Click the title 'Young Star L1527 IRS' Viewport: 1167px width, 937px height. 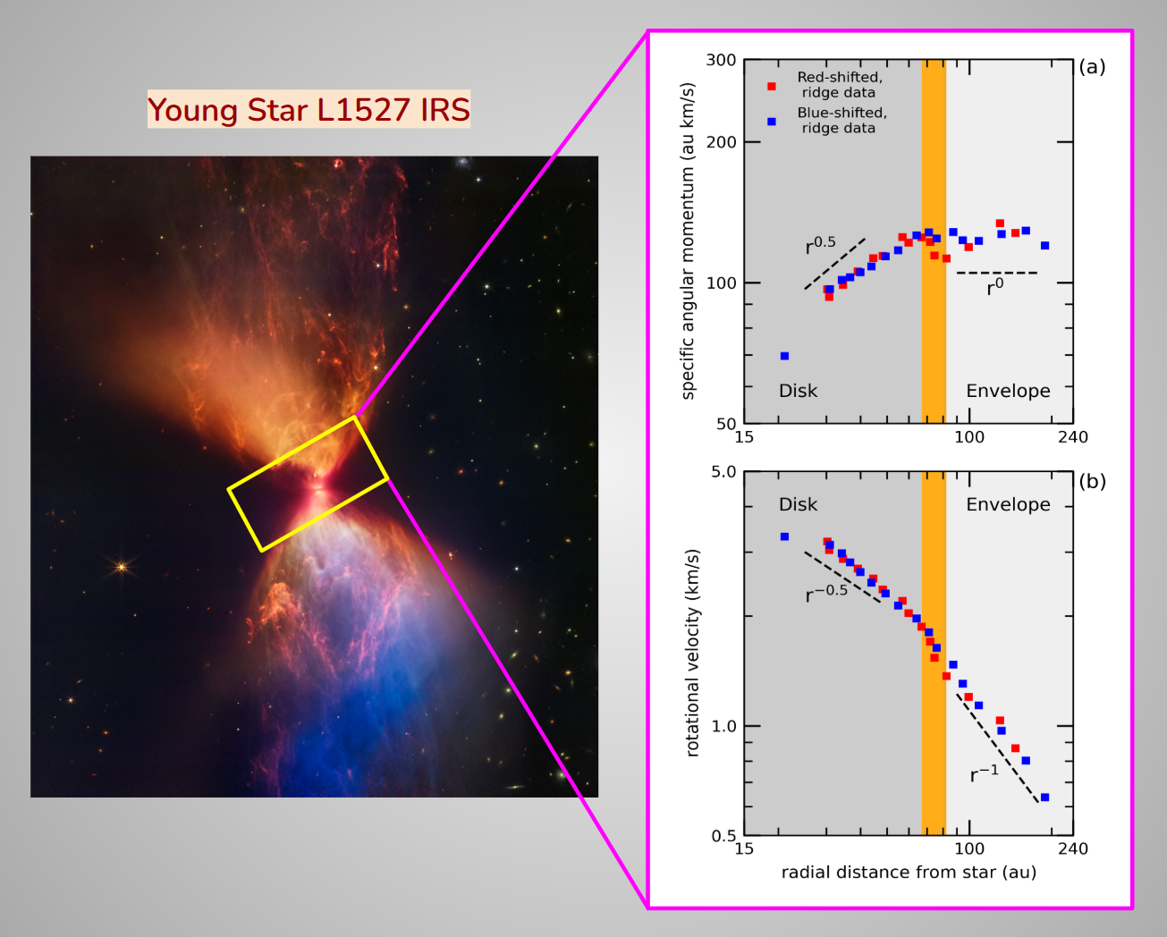tap(309, 110)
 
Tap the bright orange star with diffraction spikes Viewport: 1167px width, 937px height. tap(122, 566)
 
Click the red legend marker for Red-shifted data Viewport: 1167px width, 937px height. tap(772, 86)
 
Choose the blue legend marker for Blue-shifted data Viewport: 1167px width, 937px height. tap(772, 122)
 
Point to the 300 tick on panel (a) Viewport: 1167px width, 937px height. tap(721, 60)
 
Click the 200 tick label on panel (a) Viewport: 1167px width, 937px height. tap(721, 142)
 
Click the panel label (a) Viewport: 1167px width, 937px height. tap(1092, 67)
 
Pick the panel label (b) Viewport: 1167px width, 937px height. tap(1092, 481)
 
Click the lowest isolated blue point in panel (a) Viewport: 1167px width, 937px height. tap(784, 356)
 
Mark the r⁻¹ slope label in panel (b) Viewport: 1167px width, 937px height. tap(984, 773)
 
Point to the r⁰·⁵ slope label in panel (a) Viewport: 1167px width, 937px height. tap(820, 245)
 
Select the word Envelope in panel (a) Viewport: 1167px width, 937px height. tap(1008, 391)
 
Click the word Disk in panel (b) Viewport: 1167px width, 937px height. tap(798, 504)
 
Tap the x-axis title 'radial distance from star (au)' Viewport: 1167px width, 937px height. tap(909, 872)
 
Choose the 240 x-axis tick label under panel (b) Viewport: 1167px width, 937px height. tap(1073, 848)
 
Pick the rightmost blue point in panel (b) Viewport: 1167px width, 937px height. tap(1044, 797)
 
